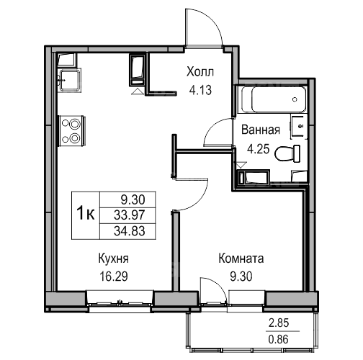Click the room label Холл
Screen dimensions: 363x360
tap(200, 72)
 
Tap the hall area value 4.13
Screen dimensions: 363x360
tap(200, 91)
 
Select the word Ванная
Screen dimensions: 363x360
tap(261, 130)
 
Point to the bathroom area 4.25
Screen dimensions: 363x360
tap(259, 149)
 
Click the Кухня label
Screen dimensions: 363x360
tap(114, 259)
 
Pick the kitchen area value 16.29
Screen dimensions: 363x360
tap(114, 276)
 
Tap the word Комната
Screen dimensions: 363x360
tap(241, 258)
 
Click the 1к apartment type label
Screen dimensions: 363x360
tap(86, 214)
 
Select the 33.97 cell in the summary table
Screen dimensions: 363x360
tap(130, 215)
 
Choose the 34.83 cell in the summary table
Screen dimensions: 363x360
tap(130, 231)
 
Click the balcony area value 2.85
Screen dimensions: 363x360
tap(279, 323)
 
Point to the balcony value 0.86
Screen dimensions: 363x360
tap(279, 340)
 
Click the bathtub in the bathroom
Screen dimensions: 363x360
tap(274, 99)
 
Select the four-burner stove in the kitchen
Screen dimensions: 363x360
tap(72, 131)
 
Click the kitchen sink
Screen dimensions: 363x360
tap(70, 80)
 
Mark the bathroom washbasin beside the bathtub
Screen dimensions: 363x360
tap(299, 127)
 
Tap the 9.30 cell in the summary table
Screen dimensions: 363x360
tap(133, 200)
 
